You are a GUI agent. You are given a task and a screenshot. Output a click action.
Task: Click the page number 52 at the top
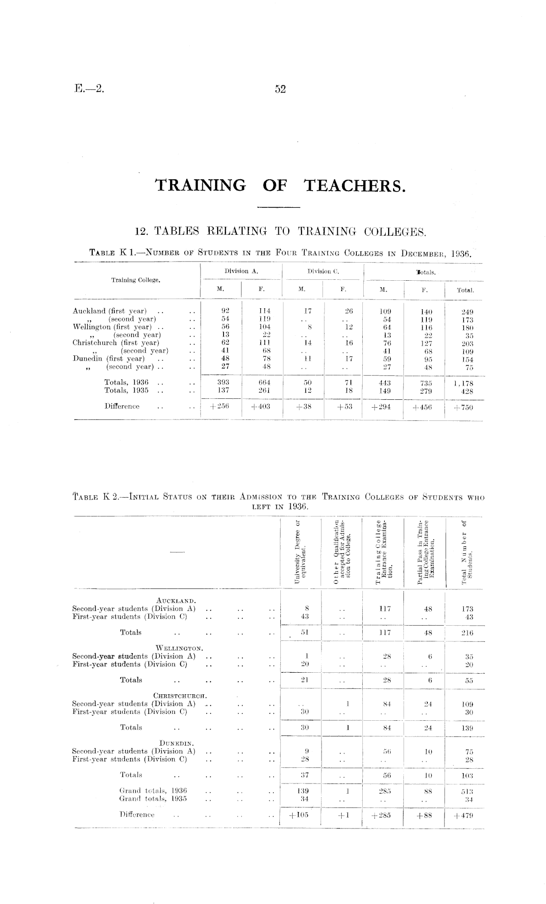point(280,89)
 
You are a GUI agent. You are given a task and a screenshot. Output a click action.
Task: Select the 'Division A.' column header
point(241,271)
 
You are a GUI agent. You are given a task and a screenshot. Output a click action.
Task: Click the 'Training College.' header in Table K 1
point(136,280)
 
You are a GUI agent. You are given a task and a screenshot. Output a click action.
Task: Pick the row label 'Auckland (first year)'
point(109,311)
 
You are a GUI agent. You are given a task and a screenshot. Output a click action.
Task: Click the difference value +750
point(463,407)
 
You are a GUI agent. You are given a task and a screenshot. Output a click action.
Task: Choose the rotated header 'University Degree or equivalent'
point(300,552)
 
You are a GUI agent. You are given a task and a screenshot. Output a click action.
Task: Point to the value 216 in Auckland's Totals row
point(467,633)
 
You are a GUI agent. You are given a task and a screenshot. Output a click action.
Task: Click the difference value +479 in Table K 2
point(463,816)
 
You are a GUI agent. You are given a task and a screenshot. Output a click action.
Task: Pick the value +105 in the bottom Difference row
point(300,816)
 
